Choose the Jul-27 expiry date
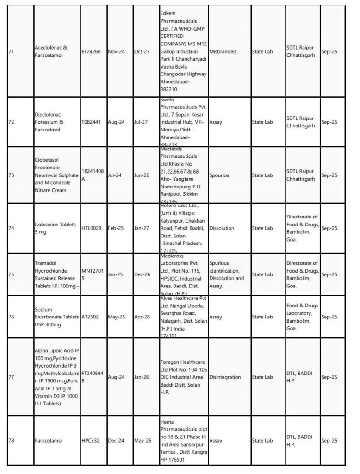pyautogui.click(x=142, y=122)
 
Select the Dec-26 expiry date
pyautogui.click(x=142, y=274)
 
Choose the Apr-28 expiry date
pyautogui.click(x=142, y=318)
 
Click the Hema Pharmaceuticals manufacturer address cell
pyautogui.click(x=182, y=441)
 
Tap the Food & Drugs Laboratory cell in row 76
pyautogui.click(x=302, y=317)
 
